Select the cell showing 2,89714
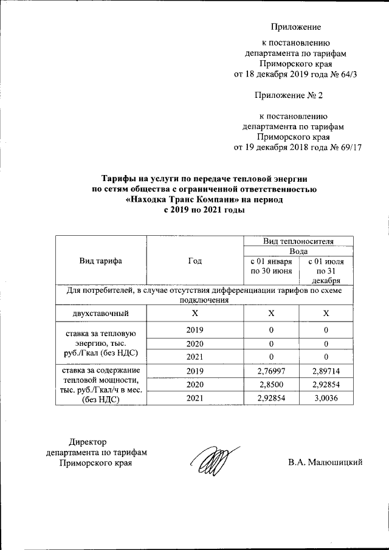pos(326,370)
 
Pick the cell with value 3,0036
pos(326,399)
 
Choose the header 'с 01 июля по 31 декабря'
pos(326,270)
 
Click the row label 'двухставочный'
pos(101,313)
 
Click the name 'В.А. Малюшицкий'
pos(325,463)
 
